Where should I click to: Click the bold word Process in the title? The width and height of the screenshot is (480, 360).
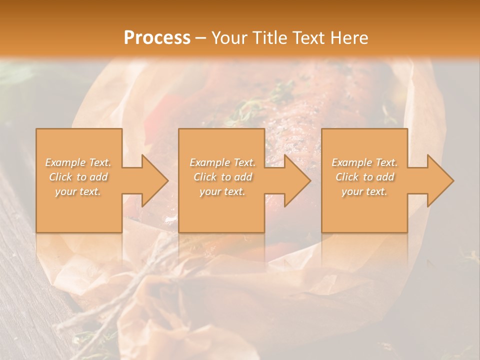coord(157,38)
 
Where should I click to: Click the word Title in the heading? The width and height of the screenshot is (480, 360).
coord(269,38)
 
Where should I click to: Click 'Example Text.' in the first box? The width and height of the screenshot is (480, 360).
coord(78,162)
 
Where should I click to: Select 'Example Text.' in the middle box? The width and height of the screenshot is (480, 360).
coord(222,162)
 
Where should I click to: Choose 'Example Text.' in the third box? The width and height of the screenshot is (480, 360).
coord(364,162)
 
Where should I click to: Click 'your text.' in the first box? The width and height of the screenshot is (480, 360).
coord(78,191)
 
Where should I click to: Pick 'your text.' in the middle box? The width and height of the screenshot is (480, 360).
coord(222,191)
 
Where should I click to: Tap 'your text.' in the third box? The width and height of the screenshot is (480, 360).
coord(364,191)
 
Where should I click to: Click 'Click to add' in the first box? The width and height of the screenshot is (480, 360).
coord(78,177)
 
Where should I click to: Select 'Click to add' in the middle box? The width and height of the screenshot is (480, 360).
coord(222,177)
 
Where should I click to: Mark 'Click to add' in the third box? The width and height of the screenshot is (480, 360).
coord(364,177)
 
